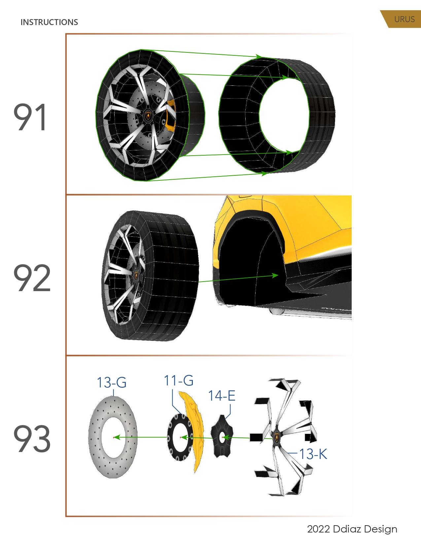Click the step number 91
tap(30, 117)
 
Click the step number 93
tap(32, 439)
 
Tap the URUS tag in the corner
tap(404, 19)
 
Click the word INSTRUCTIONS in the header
tap(49, 22)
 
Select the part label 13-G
tap(112, 383)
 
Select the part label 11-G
tap(179, 380)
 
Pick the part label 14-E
tap(222, 396)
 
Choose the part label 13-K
tap(313, 454)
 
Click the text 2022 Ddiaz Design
tap(352, 529)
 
